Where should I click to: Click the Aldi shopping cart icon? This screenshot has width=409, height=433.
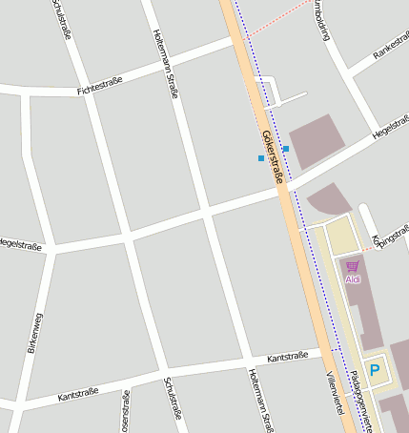[353, 266]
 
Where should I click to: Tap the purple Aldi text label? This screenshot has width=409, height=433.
[353, 278]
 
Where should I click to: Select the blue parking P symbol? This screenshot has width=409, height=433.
[375, 370]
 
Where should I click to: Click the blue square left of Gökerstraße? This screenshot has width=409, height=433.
[260, 158]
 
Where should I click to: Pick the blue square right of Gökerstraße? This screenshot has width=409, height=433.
[286, 150]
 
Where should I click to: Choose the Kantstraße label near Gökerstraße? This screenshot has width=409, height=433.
[288, 357]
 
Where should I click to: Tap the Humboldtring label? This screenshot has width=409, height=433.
[322, 19]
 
